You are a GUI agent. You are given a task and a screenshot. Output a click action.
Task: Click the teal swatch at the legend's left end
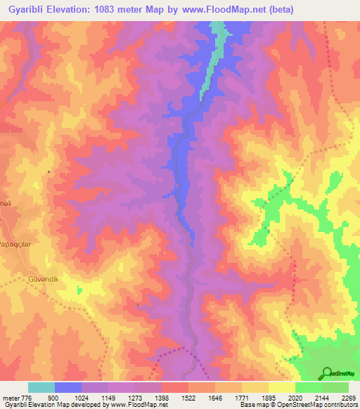(41, 387)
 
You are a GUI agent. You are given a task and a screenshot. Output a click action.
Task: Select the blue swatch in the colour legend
(68, 387)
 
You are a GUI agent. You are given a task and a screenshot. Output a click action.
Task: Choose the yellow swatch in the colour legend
(281, 387)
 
